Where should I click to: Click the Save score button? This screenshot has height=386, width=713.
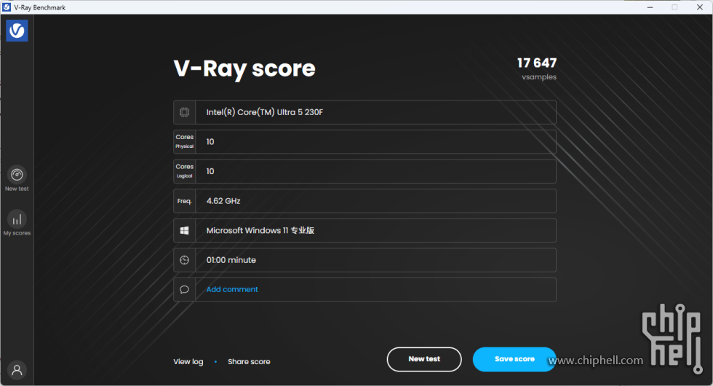(514, 359)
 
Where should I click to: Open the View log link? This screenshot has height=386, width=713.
(188, 361)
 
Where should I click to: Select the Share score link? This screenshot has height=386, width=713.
(249, 361)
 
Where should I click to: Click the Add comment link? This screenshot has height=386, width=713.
(232, 289)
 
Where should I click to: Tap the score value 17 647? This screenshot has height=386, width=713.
(537, 63)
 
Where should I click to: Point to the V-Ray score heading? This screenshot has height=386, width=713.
(244, 68)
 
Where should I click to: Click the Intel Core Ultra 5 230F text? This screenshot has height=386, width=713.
(264, 112)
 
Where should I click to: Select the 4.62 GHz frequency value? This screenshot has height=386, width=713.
(223, 200)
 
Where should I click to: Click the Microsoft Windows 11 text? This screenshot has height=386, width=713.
(260, 230)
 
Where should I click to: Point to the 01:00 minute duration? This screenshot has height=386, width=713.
(231, 260)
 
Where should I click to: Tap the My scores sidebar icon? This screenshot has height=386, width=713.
(17, 218)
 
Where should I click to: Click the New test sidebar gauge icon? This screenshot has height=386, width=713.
(17, 175)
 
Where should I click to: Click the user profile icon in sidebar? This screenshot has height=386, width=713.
(17, 369)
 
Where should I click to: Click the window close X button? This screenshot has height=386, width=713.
(699, 7)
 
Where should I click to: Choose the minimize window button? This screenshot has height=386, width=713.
(649, 7)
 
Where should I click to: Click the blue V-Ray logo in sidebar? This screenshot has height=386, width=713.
(17, 31)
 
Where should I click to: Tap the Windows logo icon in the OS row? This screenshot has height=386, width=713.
(185, 230)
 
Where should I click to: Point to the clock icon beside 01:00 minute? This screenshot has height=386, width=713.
(185, 260)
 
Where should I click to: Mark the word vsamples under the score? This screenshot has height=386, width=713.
(538, 77)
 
